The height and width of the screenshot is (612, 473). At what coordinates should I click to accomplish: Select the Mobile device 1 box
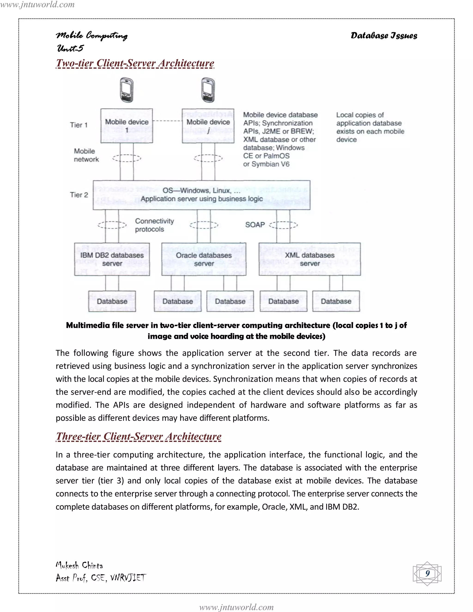tap(127, 126)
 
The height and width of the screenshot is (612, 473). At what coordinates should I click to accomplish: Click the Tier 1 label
tap(79, 125)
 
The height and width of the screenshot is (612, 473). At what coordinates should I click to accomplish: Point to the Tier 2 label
tap(79, 195)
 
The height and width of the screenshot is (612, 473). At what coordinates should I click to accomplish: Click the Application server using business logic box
tap(201, 195)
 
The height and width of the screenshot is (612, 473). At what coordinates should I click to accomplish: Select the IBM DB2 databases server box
tap(112, 259)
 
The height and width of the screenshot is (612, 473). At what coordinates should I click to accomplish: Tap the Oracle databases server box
tap(204, 259)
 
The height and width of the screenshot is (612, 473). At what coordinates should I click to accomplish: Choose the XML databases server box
tap(310, 259)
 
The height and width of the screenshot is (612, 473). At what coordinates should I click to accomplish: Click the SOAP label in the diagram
tap(255, 225)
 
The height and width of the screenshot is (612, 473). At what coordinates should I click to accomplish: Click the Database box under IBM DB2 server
tap(112, 301)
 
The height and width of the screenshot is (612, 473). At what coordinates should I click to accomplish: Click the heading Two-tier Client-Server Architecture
tap(135, 63)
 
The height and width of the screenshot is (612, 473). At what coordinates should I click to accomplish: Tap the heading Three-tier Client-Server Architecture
tap(139, 436)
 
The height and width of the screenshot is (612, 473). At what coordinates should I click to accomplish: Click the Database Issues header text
tap(384, 36)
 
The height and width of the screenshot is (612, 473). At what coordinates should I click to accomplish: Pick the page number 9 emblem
tap(427, 574)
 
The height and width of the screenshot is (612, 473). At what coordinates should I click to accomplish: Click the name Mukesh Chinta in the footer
tap(79, 565)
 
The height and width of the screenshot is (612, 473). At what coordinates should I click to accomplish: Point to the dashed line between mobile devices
tap(167, 121)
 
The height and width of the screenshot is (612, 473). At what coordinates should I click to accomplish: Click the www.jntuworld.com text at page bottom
tap(236, 607)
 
